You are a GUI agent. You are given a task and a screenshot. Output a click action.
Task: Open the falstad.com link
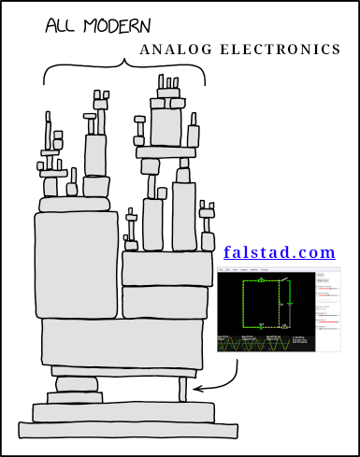tap(279, 252)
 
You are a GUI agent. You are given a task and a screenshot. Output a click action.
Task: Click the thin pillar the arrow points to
tap(183, 390)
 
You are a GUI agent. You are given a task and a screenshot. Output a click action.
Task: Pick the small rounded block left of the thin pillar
tap(77, 383)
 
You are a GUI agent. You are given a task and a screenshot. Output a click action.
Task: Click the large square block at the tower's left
tap(76, 264)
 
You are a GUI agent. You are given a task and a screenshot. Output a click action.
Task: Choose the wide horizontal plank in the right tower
tap(165, 152)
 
